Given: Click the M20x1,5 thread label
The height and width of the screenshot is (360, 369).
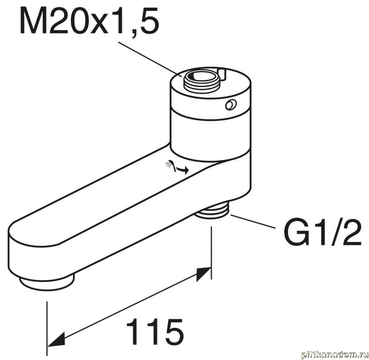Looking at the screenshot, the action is pyautogui.click(x=89, y=20).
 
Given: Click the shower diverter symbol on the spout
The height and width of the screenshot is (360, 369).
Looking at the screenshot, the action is pyautogui.click(x=177, y=167).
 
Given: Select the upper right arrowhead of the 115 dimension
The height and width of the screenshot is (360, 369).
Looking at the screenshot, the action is pyautogui.click(x=203, y=274).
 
